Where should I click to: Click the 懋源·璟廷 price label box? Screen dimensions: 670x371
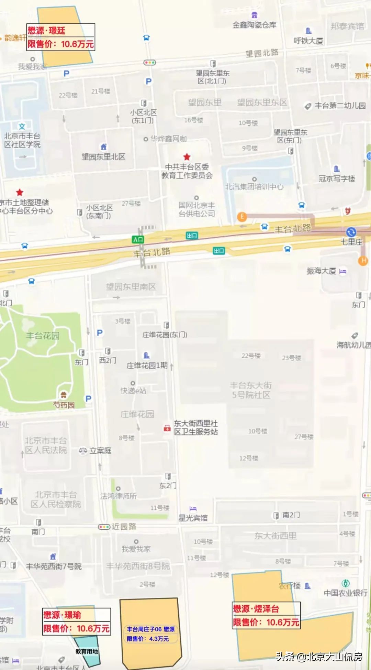tap(60, 37)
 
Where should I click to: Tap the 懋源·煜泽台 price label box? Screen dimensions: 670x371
tap(266, 615)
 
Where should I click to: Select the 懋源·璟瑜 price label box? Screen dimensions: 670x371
tap(76, 622)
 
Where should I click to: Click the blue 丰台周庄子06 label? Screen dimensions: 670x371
tap(150, 634)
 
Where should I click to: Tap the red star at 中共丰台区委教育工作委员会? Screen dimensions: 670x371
tap(187, 157)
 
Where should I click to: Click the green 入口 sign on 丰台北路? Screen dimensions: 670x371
tap(138, 239)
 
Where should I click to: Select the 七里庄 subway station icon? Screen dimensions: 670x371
tap(351, 232)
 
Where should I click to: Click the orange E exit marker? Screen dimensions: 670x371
tap(242, 217)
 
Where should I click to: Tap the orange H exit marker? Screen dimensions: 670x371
tap(363, 261)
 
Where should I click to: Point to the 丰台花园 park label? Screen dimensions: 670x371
tap(43, 336)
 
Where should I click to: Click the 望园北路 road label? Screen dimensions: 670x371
tap(262, 53)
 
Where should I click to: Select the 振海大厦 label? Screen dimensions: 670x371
tap(321, 271)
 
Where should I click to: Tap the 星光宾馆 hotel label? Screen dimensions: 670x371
tap(193, 518)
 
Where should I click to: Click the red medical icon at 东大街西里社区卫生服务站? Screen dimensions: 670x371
tap(167, 428)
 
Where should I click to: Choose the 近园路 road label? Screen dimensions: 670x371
tap(124, 527)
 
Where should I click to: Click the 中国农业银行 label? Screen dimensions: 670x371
tap(345, 593)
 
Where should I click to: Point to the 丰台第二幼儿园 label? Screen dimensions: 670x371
tap(340, 106)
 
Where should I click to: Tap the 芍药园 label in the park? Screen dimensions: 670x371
tap(64, 405)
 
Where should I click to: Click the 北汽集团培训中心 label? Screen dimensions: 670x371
tap(254, 187)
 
